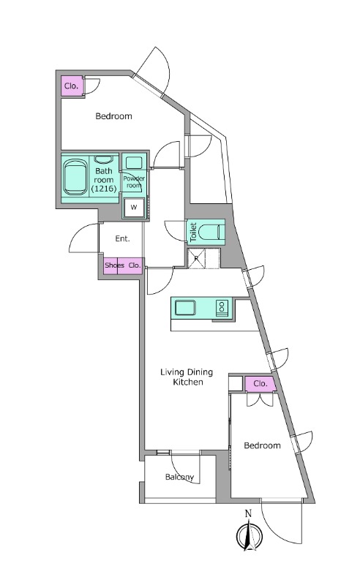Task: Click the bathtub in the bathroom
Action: (76, 178)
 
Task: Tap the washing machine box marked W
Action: (134, 207)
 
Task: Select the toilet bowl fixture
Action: (209, 232)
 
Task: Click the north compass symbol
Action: (250, 536)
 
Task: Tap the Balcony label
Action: (179, 478)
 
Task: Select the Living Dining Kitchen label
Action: (187, 377)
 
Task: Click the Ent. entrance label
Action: (122, 238)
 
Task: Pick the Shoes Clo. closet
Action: (123, 266)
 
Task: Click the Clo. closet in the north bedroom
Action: (71, 86)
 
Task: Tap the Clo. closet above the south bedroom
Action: (260, 384)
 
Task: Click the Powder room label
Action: (134, 182)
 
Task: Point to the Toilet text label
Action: (193, 232)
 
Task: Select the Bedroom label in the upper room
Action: (113, 116)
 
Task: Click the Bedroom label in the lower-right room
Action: (262, 445)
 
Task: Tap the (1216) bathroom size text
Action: (104, 189)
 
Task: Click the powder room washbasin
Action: (133, 163)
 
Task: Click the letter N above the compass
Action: (248, 514)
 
